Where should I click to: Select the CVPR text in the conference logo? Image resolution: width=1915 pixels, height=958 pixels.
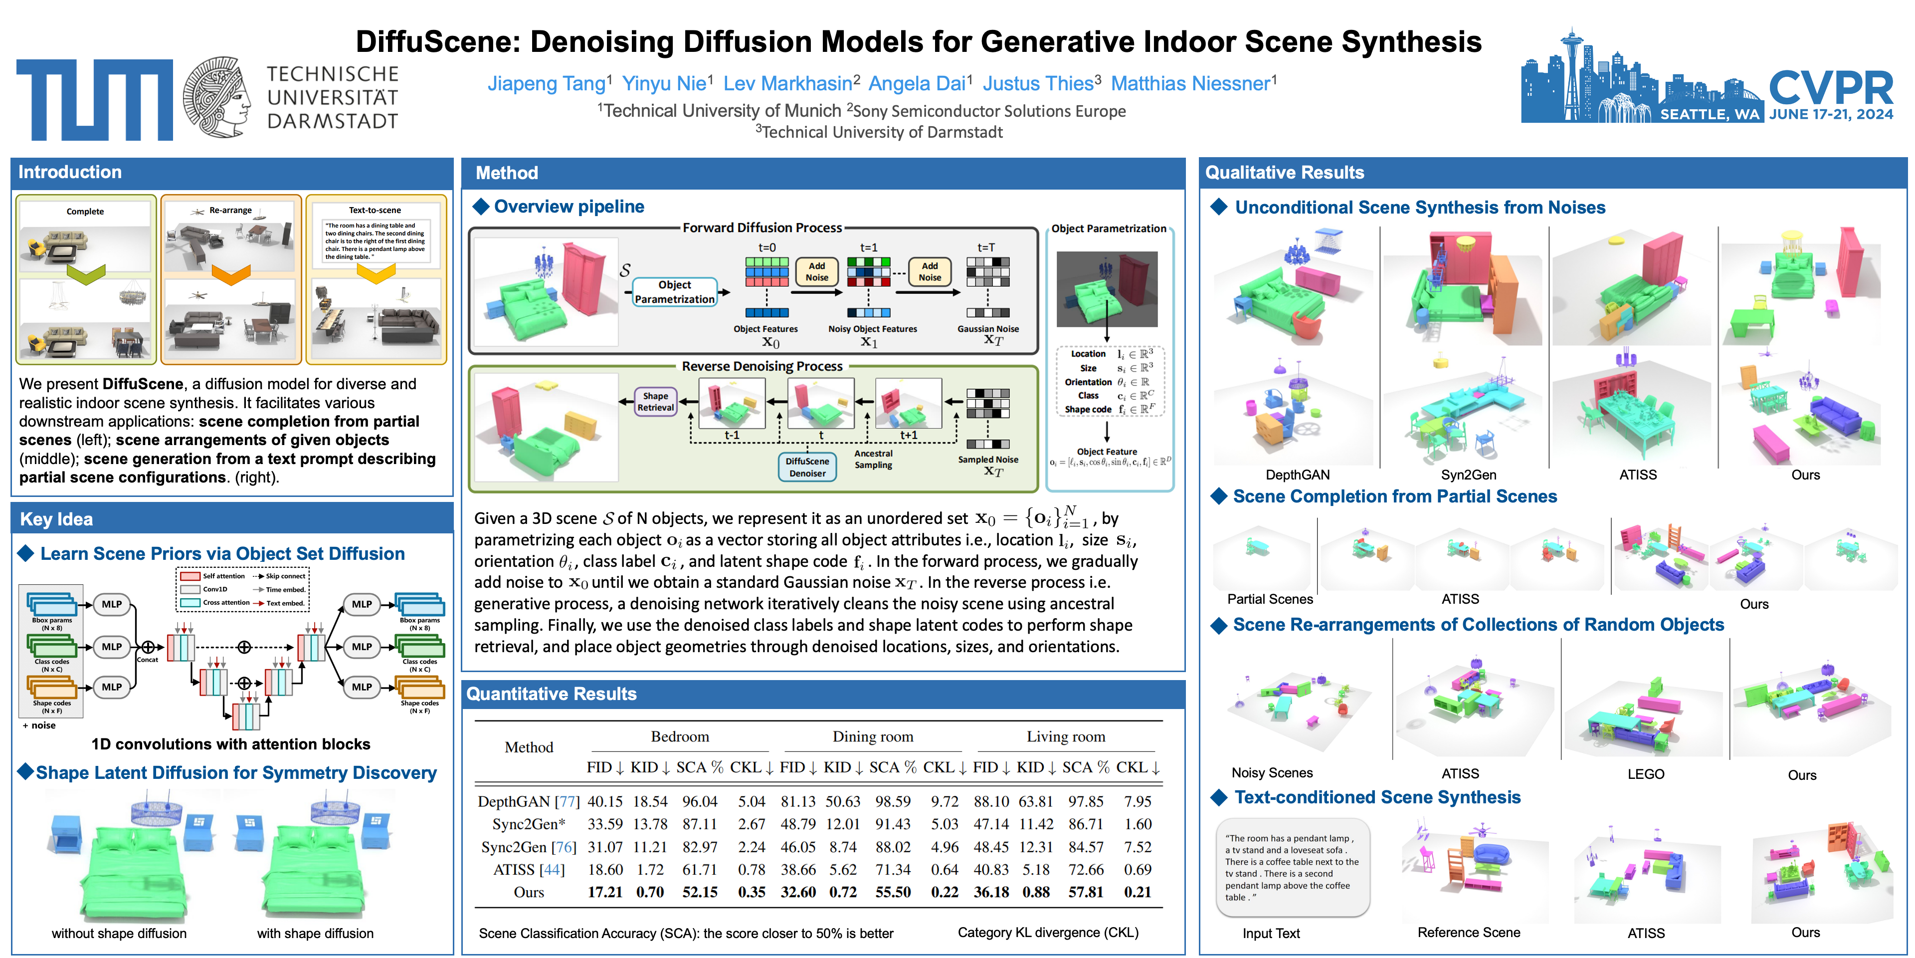coord(1830,88)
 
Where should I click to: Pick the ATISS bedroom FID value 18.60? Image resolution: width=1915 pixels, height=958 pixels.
coord(605,870)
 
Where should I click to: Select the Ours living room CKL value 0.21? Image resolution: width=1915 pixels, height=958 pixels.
coord(1138,892)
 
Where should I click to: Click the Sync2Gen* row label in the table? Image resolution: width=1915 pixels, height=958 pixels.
coord(529,824)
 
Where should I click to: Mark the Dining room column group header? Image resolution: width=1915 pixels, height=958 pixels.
coord(873,736)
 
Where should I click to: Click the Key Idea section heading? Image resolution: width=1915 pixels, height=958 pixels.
coord(56,519)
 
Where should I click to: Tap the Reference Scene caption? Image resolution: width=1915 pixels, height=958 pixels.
coord(1468,933)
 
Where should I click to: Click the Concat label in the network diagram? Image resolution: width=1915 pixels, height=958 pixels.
coord(147,660)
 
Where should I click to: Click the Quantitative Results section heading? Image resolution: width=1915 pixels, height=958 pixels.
coord(552,694)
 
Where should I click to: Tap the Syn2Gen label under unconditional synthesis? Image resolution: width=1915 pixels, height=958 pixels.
coord(1468,475)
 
